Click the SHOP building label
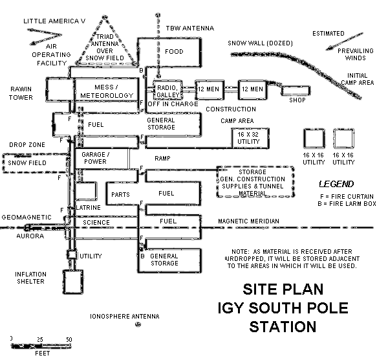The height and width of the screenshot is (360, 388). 296,100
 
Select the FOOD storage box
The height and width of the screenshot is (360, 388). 173,52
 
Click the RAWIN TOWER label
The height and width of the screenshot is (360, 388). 21,93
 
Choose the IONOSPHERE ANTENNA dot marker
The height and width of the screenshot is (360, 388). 136,324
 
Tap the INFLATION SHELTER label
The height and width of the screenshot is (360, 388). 30,278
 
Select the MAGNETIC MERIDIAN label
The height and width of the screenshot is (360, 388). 248,221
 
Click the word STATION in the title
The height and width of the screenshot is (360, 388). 279,326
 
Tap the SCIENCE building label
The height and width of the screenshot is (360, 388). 96,223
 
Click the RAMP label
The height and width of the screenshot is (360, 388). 162,158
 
